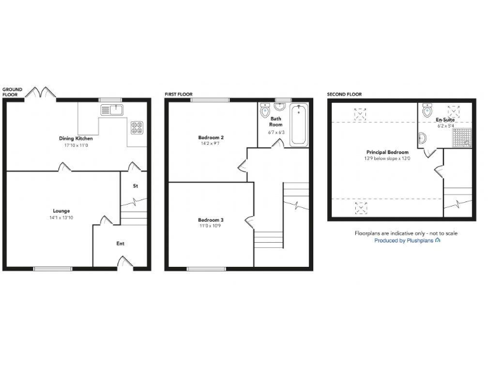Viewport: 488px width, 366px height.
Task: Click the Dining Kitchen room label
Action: [76, 138]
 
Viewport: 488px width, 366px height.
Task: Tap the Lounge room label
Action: [62, 211]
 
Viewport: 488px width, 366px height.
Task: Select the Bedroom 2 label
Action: [210, 137]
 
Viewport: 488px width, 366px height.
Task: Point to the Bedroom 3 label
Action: [210, 220]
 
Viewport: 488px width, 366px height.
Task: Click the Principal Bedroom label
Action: [387, 152]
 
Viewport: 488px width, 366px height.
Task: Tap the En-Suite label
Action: [445, 119]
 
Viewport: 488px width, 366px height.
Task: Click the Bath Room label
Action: [276, 122]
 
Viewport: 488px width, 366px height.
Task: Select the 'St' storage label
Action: [135, 186]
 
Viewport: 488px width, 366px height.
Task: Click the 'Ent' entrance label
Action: [120, 243]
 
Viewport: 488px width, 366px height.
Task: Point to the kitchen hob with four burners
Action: [137, 127]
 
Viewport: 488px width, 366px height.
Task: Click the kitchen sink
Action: [111, 110]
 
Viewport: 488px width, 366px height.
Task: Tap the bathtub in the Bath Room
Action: [298, 125]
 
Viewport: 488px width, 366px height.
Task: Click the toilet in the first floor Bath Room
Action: [265, 112]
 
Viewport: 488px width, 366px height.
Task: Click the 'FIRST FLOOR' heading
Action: [179, 94]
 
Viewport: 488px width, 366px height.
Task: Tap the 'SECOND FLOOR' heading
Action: [344, 94]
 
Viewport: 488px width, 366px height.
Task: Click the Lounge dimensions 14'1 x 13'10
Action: [62, 218]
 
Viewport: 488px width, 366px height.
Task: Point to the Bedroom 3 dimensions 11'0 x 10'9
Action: [210, 227]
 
